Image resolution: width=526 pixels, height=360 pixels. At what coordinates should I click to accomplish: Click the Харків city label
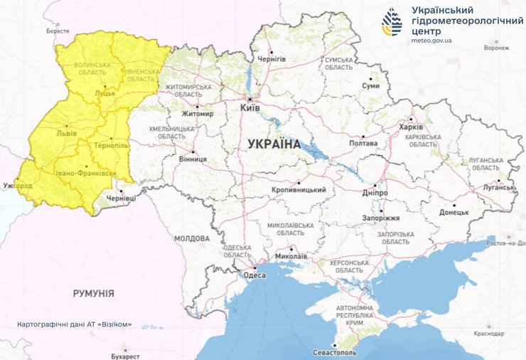(x=411, y=127)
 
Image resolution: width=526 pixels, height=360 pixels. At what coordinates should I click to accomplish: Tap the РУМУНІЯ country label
(x=93, y=293)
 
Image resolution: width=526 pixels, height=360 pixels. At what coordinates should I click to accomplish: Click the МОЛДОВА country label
(x=191, y=238)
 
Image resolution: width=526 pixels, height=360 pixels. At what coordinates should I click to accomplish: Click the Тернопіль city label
(x=109, y=144)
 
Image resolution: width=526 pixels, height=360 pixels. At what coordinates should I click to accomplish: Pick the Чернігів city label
(x=271, y=58)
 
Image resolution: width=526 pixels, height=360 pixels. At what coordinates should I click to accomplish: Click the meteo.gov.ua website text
(x=431, y=41)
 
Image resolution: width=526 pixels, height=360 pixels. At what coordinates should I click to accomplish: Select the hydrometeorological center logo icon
(x=391, y=22)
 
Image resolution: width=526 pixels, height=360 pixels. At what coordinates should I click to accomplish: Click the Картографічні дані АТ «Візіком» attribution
(x=75, y=324)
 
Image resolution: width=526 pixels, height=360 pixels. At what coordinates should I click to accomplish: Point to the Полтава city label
(x=363, y=143)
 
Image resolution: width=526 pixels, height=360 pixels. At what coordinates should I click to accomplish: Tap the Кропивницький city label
(x=299, y=190)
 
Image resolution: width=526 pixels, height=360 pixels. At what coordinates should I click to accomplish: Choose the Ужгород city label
(x=17, y=186)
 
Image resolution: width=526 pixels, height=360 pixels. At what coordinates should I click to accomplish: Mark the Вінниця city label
(x=193, y=159)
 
